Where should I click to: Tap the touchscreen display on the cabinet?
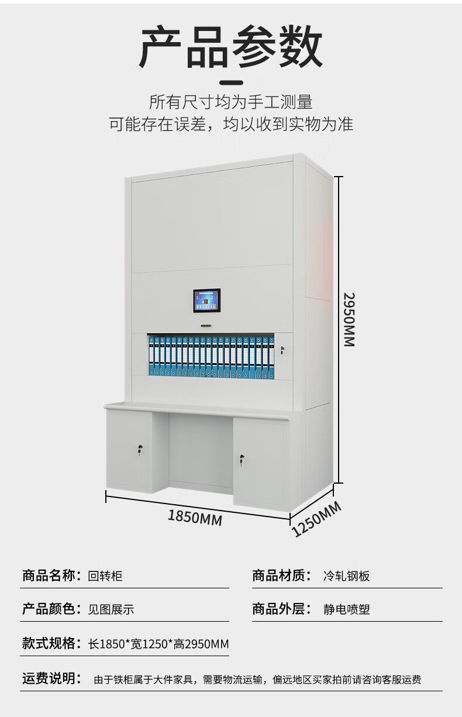tap(206, 301)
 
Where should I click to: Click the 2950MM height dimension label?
tap(349, 319)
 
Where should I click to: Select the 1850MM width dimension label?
tap(195, 517)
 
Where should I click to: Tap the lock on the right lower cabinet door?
tap(241, 462)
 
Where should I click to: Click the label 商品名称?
tap(51, 576)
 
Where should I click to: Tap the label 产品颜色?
tap(51, 609)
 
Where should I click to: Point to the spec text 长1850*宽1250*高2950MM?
tap(158, 644)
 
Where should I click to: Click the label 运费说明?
tap(51, 679)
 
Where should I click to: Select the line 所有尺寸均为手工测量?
tap(231, 102)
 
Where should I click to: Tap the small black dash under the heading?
tap(231, 82)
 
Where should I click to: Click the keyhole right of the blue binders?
tap(282, 350)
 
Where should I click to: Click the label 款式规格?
tap(51, 644)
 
